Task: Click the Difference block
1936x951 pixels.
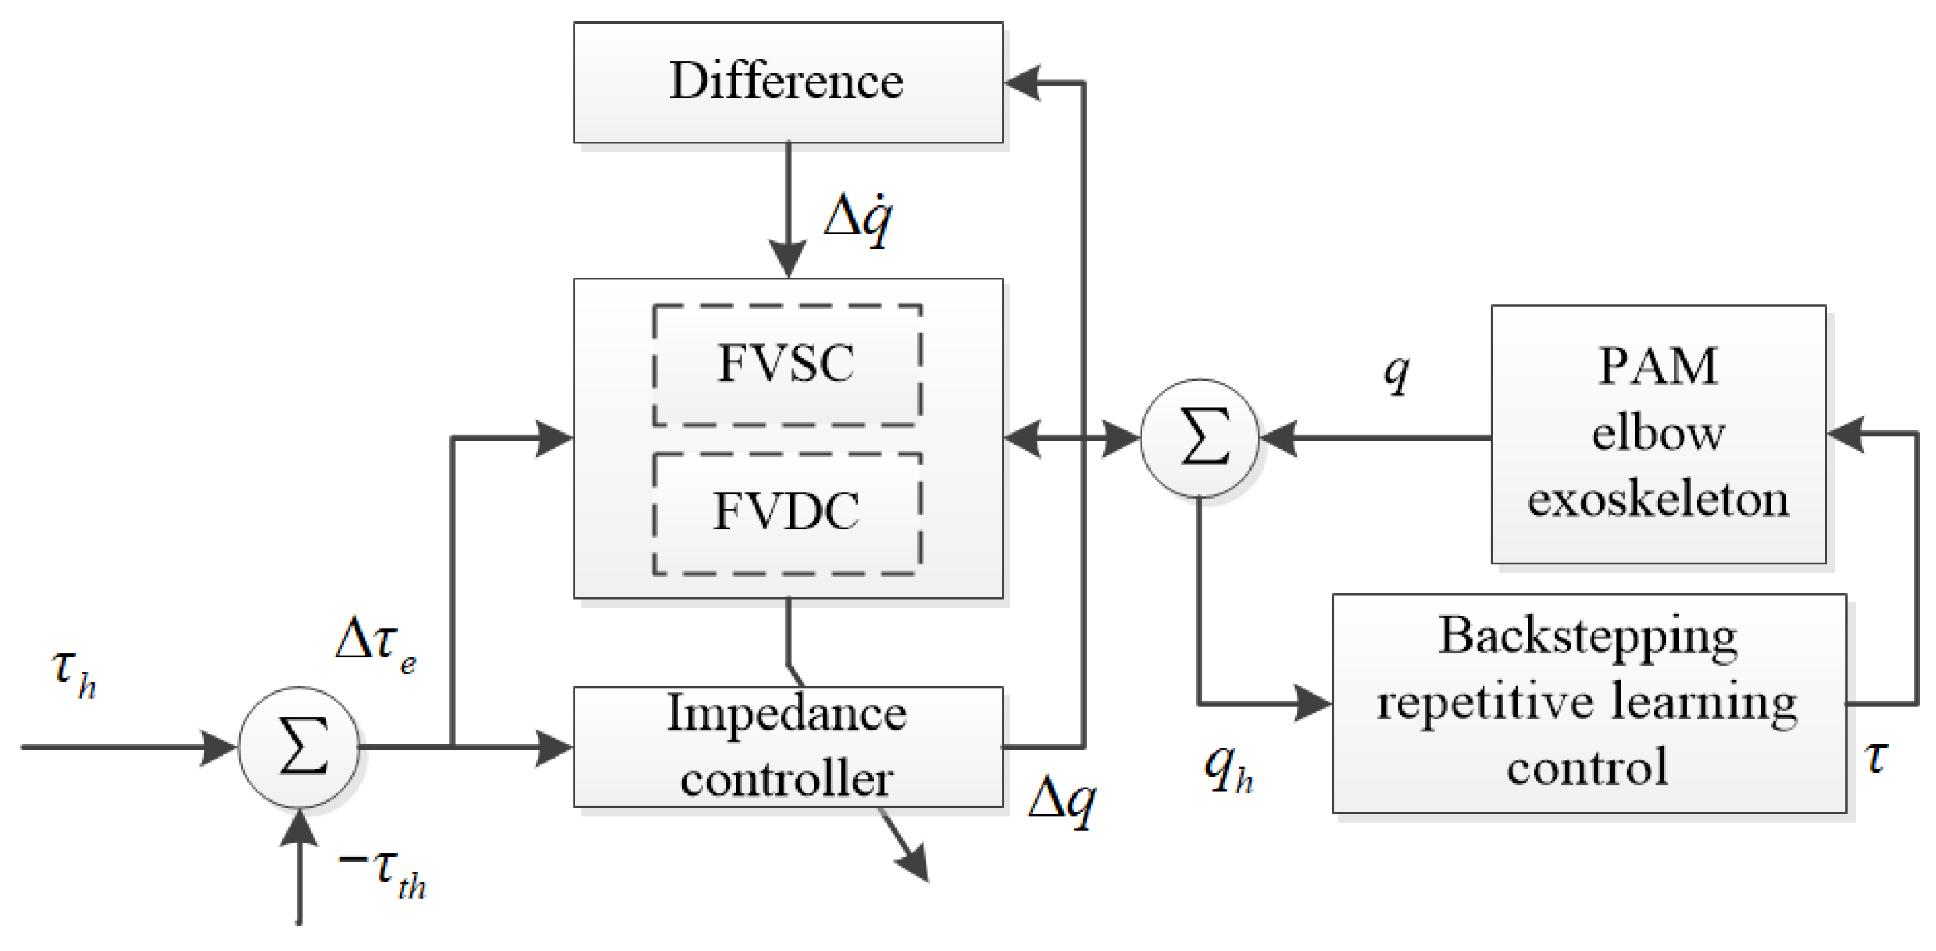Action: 788,82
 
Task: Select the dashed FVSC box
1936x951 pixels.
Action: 787,365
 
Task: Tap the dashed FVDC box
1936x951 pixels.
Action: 787,513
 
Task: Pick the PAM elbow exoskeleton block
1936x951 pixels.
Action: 1658,434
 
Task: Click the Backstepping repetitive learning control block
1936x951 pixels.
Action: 1588,703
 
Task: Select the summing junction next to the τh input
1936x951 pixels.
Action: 299,747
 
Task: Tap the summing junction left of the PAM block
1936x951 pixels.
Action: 1200,438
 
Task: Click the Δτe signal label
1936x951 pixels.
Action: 374,644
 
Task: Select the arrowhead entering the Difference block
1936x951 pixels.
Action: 1022,83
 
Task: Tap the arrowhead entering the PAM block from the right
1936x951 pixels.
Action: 1845,435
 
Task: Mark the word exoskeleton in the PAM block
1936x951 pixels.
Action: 1658,500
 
